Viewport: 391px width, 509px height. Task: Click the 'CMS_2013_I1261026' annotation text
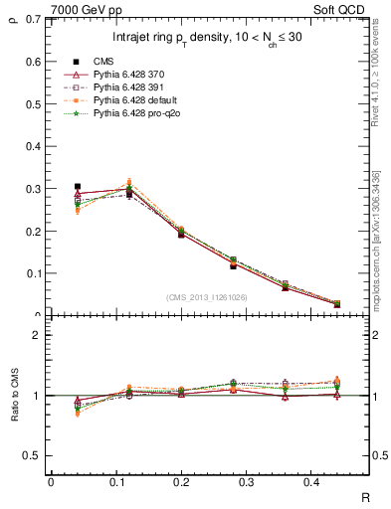[208, 296]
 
